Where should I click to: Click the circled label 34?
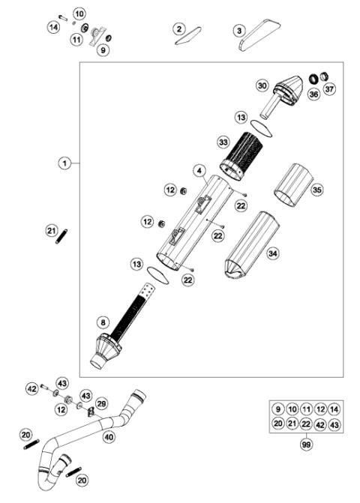[x=273, y=255]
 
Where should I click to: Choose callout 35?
[x=317, y=190]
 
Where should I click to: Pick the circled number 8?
[x=103, y=323]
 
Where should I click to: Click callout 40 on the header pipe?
[x=109, y=436]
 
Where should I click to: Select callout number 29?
[x=101, y=404]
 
